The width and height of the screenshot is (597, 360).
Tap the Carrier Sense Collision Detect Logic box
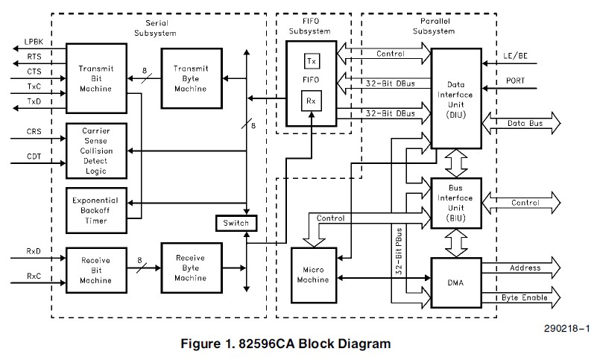point(95,151)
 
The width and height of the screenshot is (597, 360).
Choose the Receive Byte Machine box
point(190,268)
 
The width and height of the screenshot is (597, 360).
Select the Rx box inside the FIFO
point(312,100)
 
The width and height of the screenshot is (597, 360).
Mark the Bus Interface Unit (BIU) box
point(456,203)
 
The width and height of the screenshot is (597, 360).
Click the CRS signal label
point(34,131)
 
